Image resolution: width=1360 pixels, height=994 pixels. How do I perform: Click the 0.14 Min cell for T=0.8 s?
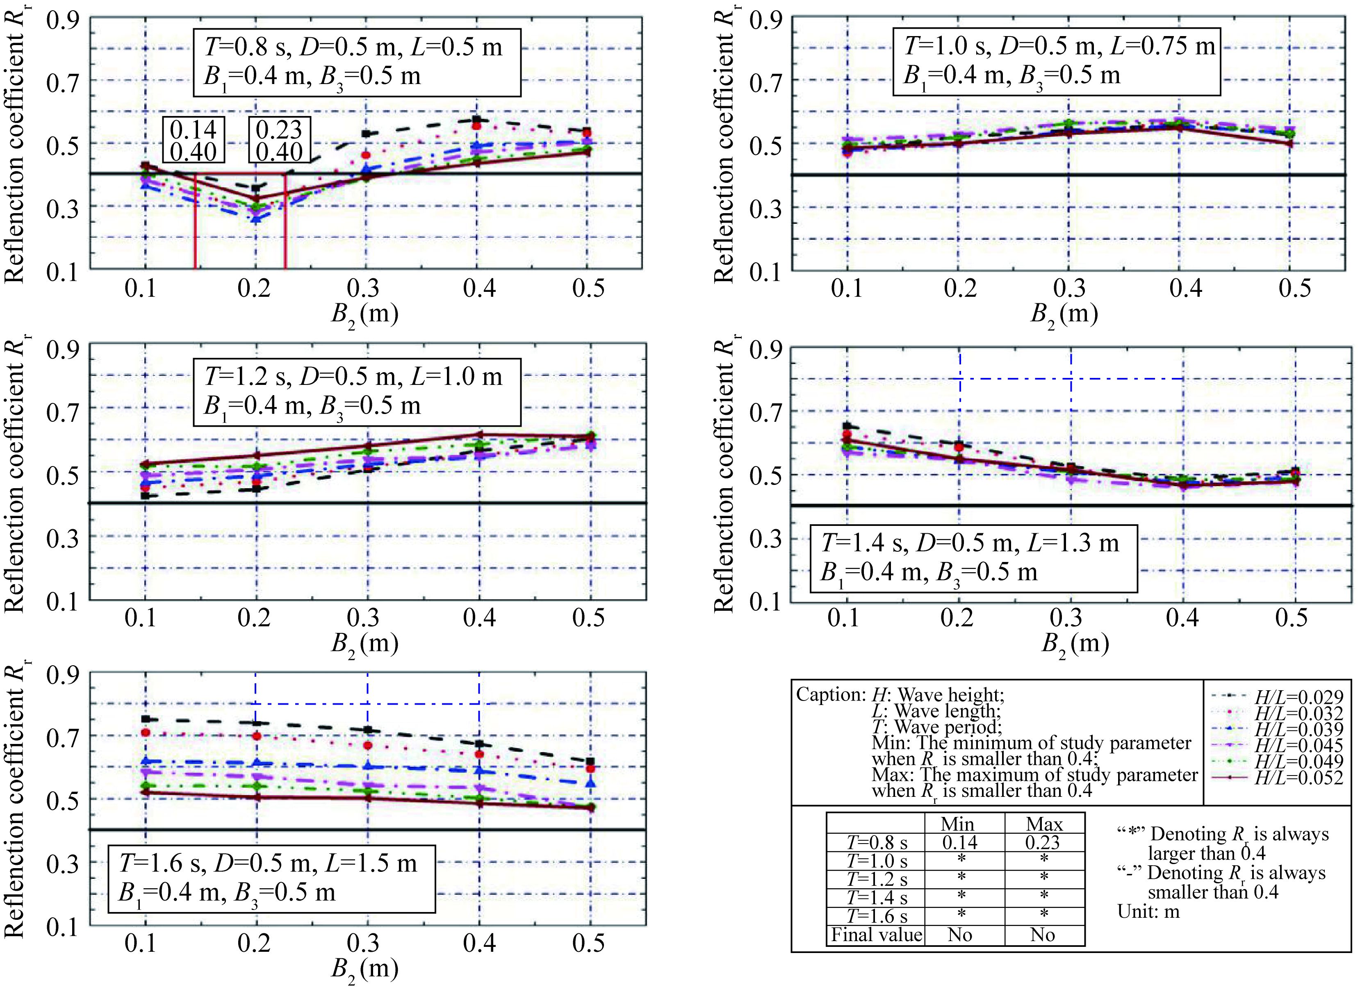point(960,842)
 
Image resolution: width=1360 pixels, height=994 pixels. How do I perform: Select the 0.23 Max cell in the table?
point(1043,842)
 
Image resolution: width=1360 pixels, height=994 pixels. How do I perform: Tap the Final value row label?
point(876,935)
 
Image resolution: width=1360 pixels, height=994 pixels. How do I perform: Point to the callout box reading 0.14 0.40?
point(193,140)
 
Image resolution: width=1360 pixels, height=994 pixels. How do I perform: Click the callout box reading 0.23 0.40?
point(279,140)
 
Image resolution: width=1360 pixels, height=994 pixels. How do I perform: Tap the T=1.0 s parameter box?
point(1057,60)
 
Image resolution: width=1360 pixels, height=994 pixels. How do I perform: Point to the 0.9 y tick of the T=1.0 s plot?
point(765,21)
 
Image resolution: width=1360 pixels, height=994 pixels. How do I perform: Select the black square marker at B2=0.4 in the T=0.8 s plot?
point(476,120)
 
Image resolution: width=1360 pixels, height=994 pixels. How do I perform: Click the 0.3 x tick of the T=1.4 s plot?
point(1071,617)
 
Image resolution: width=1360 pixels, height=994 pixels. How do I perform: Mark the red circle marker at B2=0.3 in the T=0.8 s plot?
point(366,155)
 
